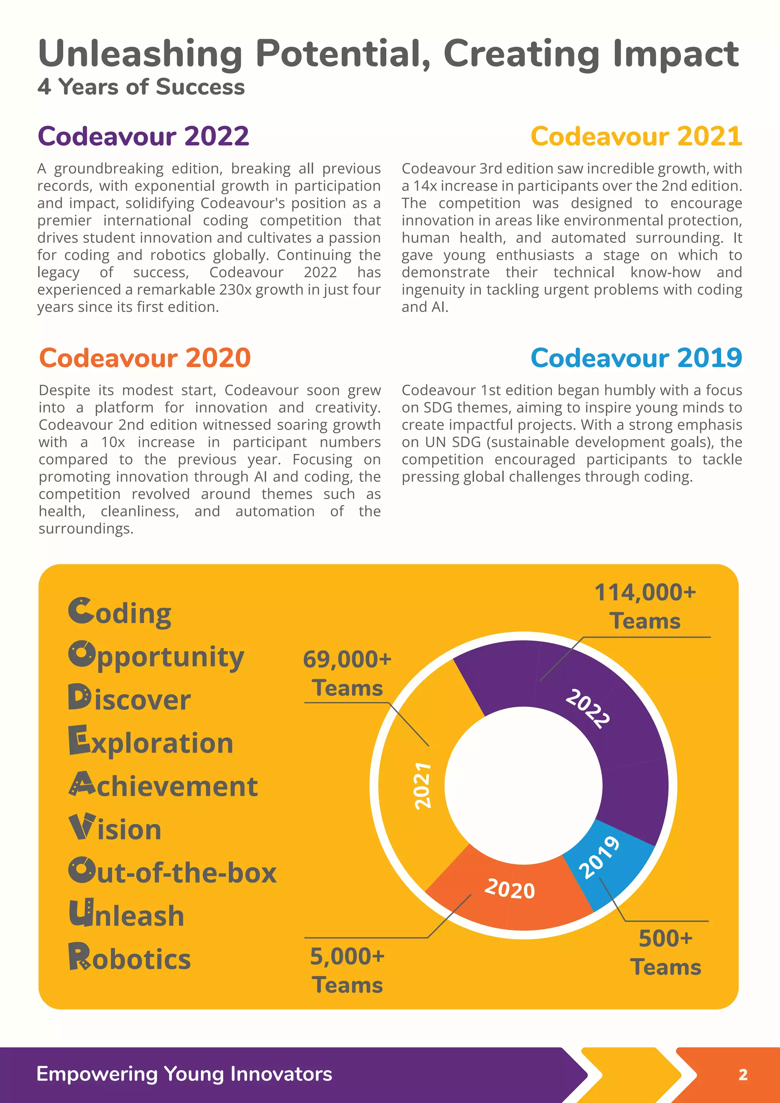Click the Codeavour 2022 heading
[143, 136]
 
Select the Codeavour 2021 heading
[636, 136]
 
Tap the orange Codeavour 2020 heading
[145, 358]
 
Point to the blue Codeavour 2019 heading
[636, 358]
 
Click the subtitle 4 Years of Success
[141, 87]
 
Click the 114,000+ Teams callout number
[645, 592]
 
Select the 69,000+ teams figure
[347, 659]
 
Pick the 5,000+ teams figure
[347, 956]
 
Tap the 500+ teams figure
[666, 938]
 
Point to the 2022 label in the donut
[587, 708]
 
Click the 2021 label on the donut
[423, 785]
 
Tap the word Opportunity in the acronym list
[157, 657]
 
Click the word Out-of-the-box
[173, 873]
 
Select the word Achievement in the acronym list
[163, 786]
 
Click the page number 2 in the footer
[743, 1075]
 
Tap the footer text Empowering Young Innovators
[184, 1074]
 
